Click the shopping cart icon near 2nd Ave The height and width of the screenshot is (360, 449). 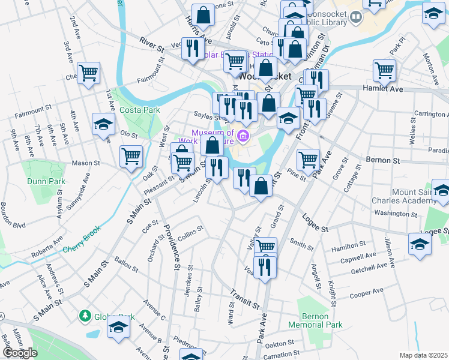point(88,73)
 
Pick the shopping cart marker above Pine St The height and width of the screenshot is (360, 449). point(308,160)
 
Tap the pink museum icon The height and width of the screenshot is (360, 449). point(243,136)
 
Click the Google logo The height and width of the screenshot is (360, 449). point(20,353)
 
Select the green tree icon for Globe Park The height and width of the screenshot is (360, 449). point(85,316)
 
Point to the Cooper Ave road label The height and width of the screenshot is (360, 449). point(366,292)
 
